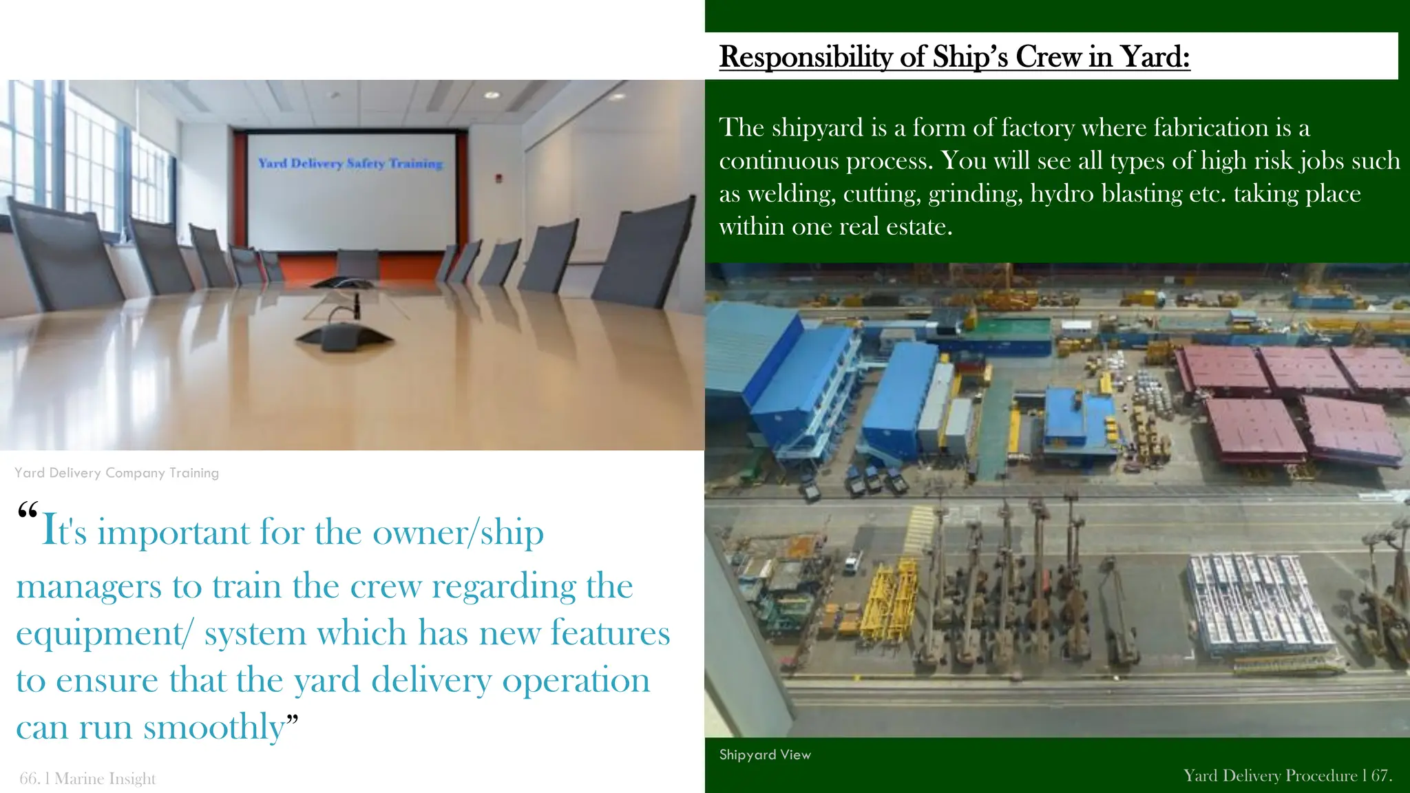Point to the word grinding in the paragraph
pos(974,193)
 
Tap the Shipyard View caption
pos(765,754)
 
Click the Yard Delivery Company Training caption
pos(116,473)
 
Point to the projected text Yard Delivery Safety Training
pos(350,163)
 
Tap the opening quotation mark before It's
pos(28,512)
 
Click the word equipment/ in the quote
pos(103,633)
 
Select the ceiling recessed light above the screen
pos(491,95)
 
